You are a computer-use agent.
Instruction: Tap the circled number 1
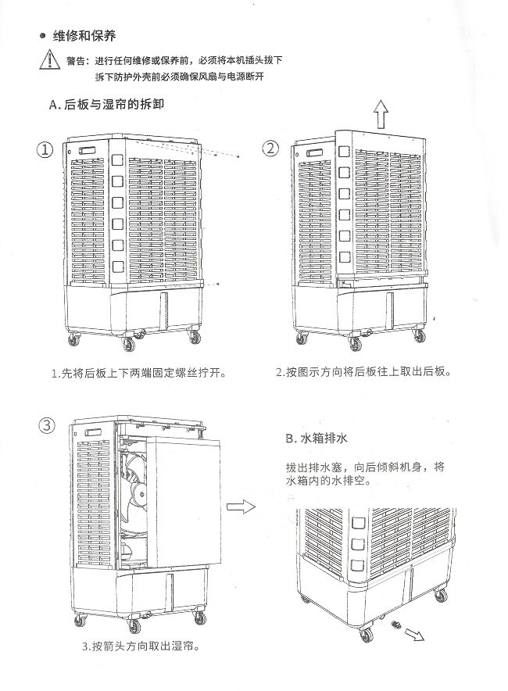48,149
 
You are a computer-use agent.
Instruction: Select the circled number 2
270,149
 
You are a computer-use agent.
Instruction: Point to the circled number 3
48,425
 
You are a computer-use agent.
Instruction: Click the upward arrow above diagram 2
381,116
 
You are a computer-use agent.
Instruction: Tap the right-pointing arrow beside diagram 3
241,507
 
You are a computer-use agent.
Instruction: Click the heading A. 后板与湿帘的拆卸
106,104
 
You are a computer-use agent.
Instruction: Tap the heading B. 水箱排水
313,438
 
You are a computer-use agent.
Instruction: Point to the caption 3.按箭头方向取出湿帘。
139,647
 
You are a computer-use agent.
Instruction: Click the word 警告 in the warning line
76,60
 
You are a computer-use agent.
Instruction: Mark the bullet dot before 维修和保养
41,37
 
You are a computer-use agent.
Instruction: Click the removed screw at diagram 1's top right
238,157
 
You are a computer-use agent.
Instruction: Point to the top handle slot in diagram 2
317,152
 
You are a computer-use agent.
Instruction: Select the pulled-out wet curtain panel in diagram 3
185,500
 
